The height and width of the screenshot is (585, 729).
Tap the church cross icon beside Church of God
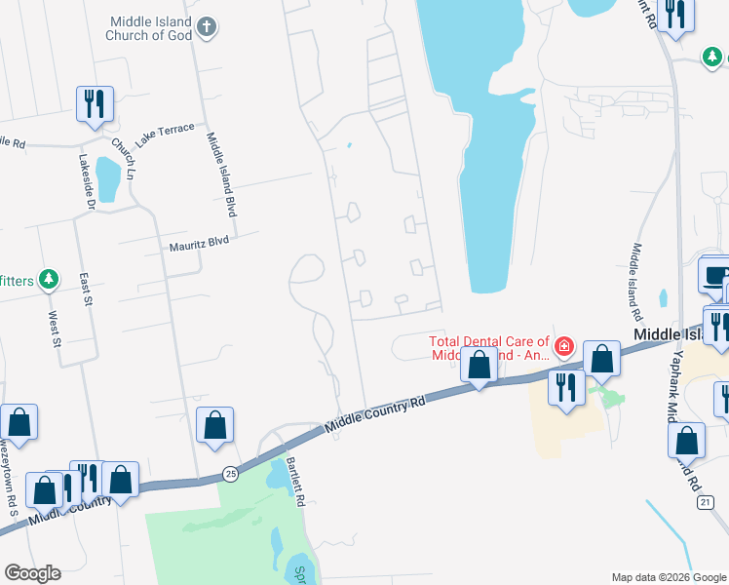(206, 28)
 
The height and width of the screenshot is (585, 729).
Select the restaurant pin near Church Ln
(95, 102)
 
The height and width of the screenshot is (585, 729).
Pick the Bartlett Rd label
(297, 484)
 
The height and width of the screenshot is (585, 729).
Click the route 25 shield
(230, 474)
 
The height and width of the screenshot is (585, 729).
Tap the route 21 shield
(705, 502)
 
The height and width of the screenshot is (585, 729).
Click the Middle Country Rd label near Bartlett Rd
(376, 412)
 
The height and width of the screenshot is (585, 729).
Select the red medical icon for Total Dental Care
(564, 346)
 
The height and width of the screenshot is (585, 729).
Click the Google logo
(32, 573)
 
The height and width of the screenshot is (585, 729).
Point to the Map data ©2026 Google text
(668, 577)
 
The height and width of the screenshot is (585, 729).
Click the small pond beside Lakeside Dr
(108, 179)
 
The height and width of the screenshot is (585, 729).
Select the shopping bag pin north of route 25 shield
(215, 425)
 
